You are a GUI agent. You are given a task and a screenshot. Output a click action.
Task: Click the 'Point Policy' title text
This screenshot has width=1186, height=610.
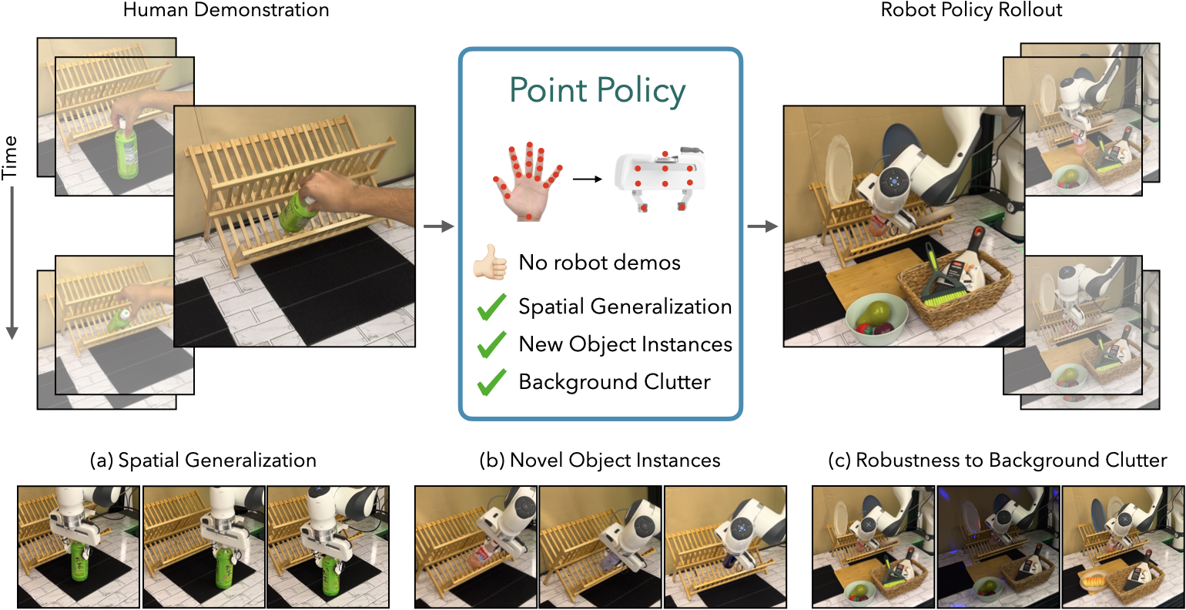pos(598,91)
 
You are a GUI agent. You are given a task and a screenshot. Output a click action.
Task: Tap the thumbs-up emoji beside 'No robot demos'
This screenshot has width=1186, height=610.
pos(491,262)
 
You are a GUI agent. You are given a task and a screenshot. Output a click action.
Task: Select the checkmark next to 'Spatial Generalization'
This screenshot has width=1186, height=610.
pos(491,307)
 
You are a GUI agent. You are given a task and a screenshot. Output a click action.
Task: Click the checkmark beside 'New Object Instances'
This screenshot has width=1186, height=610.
pos(491,345)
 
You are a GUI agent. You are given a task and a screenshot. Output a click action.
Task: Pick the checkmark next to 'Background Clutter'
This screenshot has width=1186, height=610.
pos(491,382)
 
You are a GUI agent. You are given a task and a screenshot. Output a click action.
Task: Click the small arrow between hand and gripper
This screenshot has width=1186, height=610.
pos(587,179)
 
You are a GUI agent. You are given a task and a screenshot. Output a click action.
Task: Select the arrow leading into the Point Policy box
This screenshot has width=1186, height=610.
pos(438,226)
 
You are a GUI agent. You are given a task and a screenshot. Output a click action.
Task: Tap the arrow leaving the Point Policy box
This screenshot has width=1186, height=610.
pos(762,226)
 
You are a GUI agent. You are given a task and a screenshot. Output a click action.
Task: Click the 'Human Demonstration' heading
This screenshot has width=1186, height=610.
pos(226,9)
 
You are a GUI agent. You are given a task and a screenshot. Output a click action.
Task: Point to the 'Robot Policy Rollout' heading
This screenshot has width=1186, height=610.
pos(971,9)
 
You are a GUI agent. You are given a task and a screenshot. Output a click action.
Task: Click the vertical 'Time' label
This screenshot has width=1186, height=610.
pos(9,158)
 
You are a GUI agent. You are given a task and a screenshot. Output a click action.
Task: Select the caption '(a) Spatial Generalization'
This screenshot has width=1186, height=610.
pos(203,460)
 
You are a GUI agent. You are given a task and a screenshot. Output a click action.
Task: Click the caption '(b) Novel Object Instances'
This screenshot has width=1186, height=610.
pos(600,460)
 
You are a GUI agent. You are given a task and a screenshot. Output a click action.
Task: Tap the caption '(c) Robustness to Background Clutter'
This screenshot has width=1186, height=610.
pos(997,460)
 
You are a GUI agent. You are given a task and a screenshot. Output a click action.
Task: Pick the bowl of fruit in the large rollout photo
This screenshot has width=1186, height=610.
pos(876,320)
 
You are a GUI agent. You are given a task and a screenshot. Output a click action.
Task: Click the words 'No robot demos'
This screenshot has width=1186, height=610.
pos(599,262)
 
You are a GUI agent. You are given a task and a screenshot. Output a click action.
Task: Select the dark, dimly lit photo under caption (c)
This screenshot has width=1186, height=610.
pos(999,547)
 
